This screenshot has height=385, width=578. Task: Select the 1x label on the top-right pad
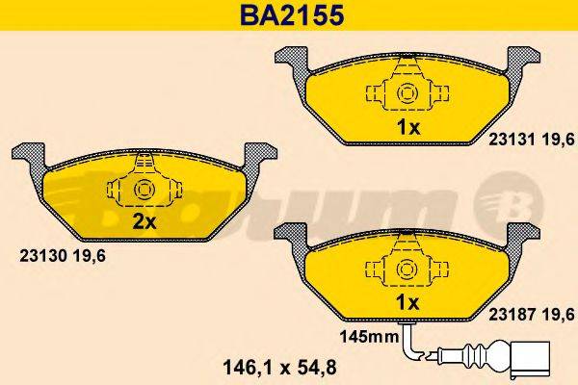(407, 127)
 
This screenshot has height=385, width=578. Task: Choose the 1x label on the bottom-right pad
(407, 302)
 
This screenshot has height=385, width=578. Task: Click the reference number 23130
(41, 255)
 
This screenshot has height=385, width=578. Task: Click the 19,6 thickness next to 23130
(91, 255)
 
